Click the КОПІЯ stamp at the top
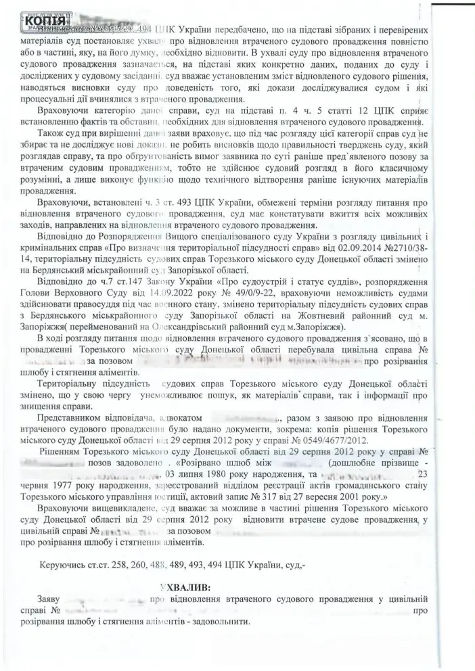(46, 21)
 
